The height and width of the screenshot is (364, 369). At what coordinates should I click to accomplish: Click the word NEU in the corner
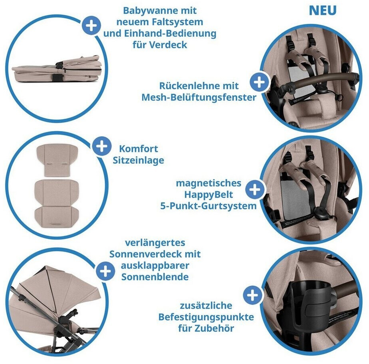(x=322, y=10)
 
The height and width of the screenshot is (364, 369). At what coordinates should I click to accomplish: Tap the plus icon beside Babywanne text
(x=91, y=26)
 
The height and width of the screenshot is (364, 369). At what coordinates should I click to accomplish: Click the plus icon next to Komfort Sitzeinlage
(x=102, y=146)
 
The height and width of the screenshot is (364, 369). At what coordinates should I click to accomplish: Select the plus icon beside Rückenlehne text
(x=259, y=82)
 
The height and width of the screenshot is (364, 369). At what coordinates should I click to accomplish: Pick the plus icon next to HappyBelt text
(x=255, y=189)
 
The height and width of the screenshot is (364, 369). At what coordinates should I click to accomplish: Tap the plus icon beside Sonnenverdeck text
(x=105, y=271)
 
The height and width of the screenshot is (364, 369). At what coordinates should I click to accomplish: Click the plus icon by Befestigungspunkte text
(x=252, y=295)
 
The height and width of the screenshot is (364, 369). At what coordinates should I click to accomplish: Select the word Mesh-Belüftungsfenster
(x=199, y=97)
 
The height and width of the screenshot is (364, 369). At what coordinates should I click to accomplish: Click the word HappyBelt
(x=208, y=195)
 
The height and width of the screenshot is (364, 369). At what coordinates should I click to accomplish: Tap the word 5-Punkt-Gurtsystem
(x=208, y=206)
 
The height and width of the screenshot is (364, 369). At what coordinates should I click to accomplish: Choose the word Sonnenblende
(x=155, y=277)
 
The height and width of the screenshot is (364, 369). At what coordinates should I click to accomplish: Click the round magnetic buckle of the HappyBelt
(x=320, y=211)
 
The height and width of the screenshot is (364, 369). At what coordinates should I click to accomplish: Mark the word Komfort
(x=138, y=149)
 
